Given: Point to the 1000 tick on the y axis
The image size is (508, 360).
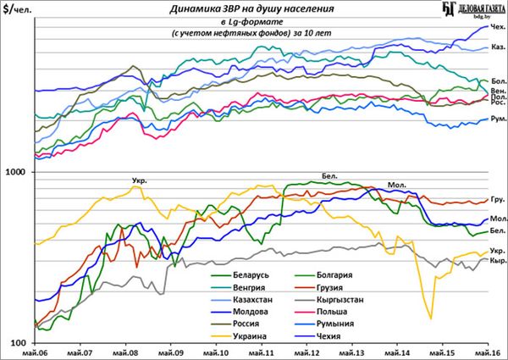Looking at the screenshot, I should tap(17, 172).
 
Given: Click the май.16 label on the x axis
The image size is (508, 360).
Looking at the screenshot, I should tap(485, 352).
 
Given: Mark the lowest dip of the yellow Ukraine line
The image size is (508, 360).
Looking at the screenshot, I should tap(430, 318).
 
